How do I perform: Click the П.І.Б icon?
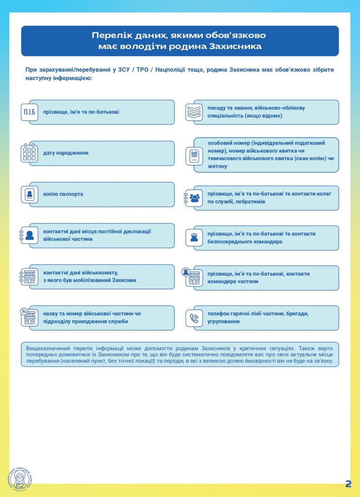(30, 113)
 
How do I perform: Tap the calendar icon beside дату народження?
(30, 153)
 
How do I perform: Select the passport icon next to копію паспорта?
(30, 195)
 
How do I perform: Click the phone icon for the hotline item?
(194, 318)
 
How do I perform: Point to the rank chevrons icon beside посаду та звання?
(194, 113)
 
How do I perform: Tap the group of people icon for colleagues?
(194, 198)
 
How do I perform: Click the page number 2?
(348, 483)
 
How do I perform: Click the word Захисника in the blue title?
(235, 47)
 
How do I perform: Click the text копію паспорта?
(63, 194)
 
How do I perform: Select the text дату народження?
(66, 153)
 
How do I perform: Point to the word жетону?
(217, 166)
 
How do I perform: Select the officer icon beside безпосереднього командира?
(194, 238)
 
